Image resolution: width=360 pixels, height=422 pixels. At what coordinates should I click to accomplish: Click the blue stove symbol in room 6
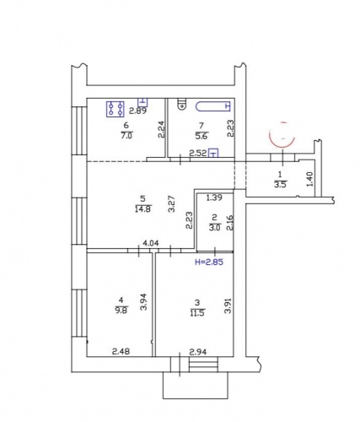click(x=116, y=108)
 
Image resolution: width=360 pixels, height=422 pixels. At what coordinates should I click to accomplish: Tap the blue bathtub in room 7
click(x=212, y=106)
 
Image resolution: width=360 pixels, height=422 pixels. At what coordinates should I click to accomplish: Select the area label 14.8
click(x=142, y=210)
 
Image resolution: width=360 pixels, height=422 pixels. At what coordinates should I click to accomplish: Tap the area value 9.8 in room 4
click(x=121, y=308)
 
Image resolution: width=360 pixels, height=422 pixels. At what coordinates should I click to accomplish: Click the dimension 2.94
click(x=197, y=352)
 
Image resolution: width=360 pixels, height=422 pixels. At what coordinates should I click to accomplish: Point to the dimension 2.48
click(x=122, y=352)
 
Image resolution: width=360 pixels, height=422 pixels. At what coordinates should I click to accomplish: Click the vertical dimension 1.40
click(x=309, y=178)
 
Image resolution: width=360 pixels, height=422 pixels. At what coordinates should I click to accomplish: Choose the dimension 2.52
click(x=198, y=154)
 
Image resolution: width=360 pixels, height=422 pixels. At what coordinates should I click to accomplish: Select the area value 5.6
click(x=201, y=133)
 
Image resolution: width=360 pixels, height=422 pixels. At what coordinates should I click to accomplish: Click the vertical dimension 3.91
click(x=227, y=308)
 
